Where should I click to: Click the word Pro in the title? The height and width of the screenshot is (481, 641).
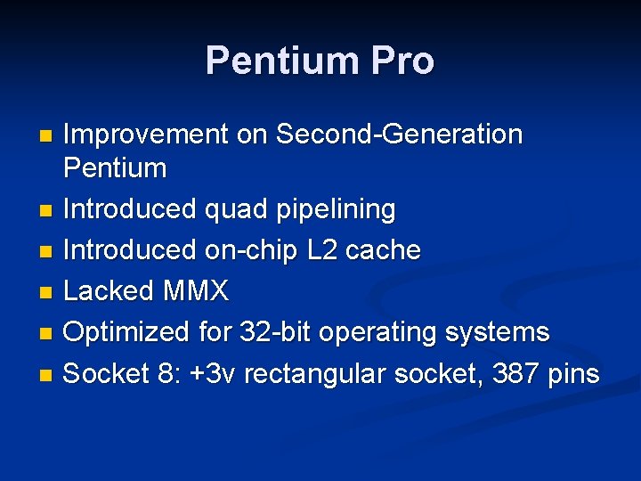click(x=403, y=61)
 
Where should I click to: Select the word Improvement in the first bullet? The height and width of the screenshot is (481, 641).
click(x=147, y=135)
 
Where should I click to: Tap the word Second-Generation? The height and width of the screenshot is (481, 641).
click(x=399, y=135)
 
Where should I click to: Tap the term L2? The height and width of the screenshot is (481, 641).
click(x=319, y=250)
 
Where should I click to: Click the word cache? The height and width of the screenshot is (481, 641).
click(x=383, y=250)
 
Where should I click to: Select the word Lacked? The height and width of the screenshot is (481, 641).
click(x=110, y=290)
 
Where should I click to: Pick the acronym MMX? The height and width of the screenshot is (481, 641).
click(x=196, y=290)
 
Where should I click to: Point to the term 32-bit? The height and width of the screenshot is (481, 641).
click(x=276, y=332)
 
